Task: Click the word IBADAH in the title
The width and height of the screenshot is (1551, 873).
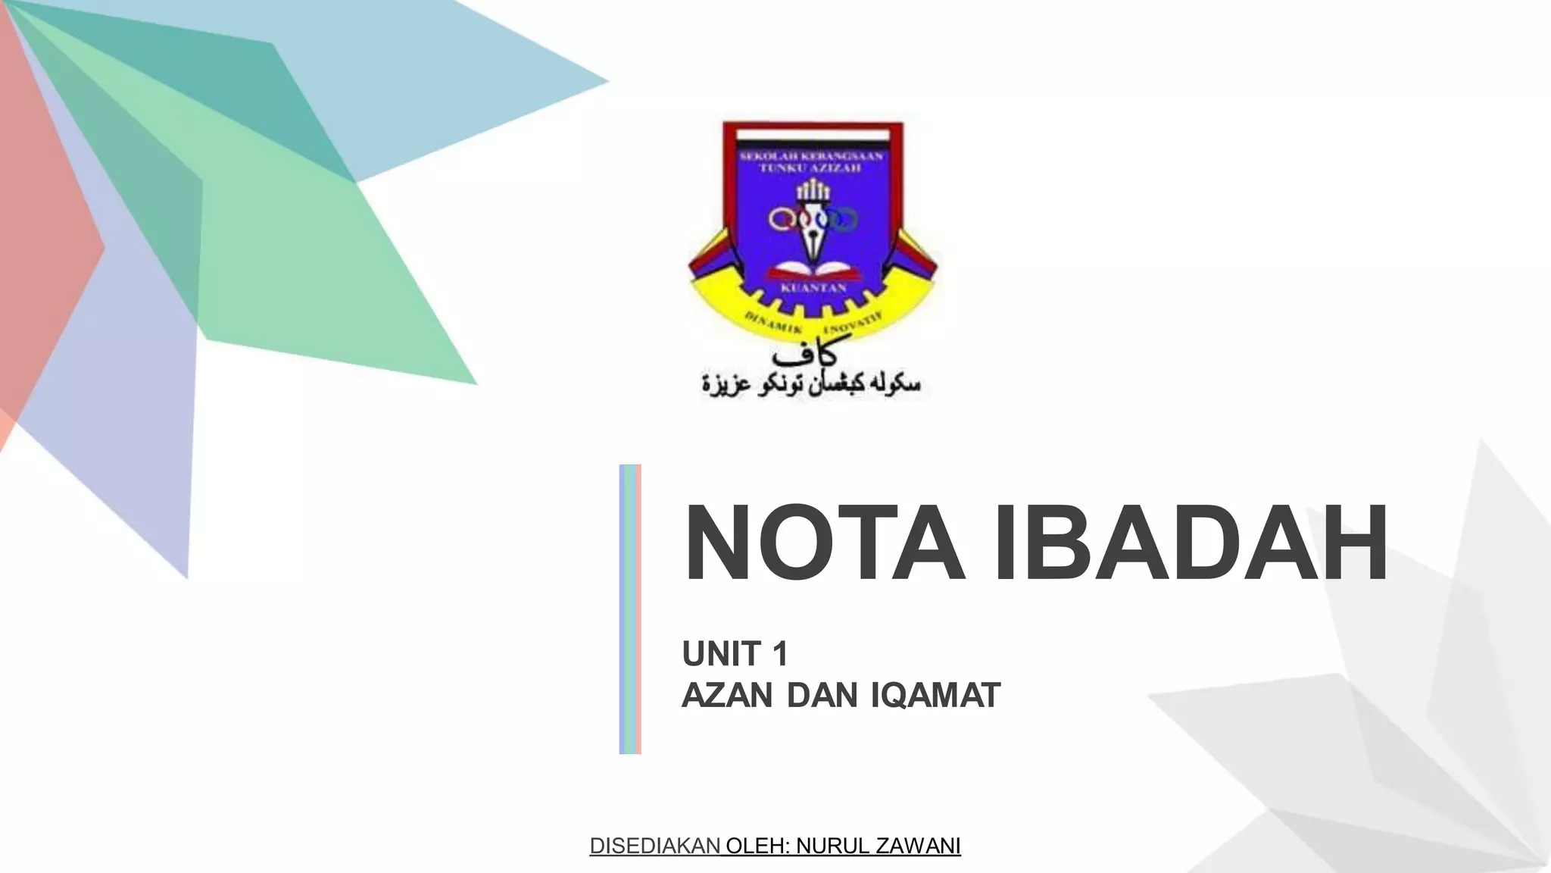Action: (x=1191, y=543)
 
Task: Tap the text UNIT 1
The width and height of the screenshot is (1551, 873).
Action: (x=735, y=654)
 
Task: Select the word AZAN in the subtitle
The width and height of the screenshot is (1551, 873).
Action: (x=727, y=696)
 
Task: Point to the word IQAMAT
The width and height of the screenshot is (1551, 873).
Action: (x=935, y=696)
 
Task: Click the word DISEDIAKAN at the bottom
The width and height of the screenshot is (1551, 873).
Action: (x=655, y=846)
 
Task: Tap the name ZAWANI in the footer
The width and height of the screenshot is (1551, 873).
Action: (x=918, y=846)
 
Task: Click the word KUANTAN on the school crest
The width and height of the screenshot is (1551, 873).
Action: (x=813, y=289)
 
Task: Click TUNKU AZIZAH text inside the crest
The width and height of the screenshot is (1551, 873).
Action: (x=811, y=168)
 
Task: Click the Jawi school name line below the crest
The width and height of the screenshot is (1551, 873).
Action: (x=811, y=383)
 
